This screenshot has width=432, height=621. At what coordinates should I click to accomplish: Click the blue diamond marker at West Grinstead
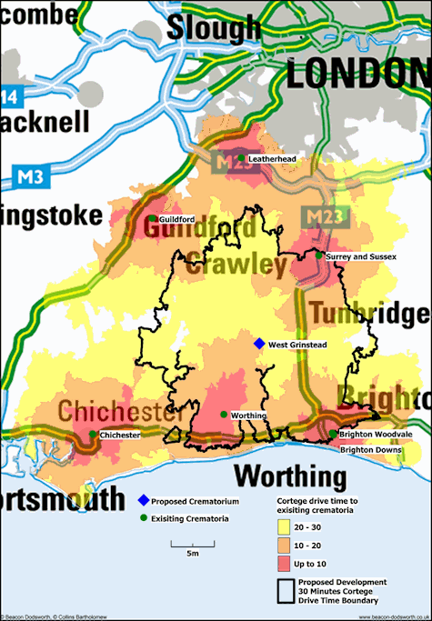pyautogui.click(x=259, y=344)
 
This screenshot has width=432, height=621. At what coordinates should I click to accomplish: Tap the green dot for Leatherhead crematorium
pyautogui.click(x=241, y=158)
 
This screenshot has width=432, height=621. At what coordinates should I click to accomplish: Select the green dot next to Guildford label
pyautogui.click(x=153, y=218)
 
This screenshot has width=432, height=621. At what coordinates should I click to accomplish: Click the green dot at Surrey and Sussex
pyautogui.click(x=318, y=255)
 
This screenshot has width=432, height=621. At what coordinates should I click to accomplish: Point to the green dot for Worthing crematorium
pyautogui.click(x=224, y=415)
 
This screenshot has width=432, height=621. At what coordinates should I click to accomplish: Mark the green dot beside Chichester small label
pyautogui.click(x=93, y=435)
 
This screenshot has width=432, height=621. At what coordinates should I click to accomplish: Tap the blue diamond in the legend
pyautogui.click(x=143, y=501)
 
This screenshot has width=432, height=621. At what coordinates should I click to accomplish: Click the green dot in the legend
pyautogui.click(x=143, y=518)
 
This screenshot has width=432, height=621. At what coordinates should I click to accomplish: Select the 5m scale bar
pyautogui.click(x=193, y=545)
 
